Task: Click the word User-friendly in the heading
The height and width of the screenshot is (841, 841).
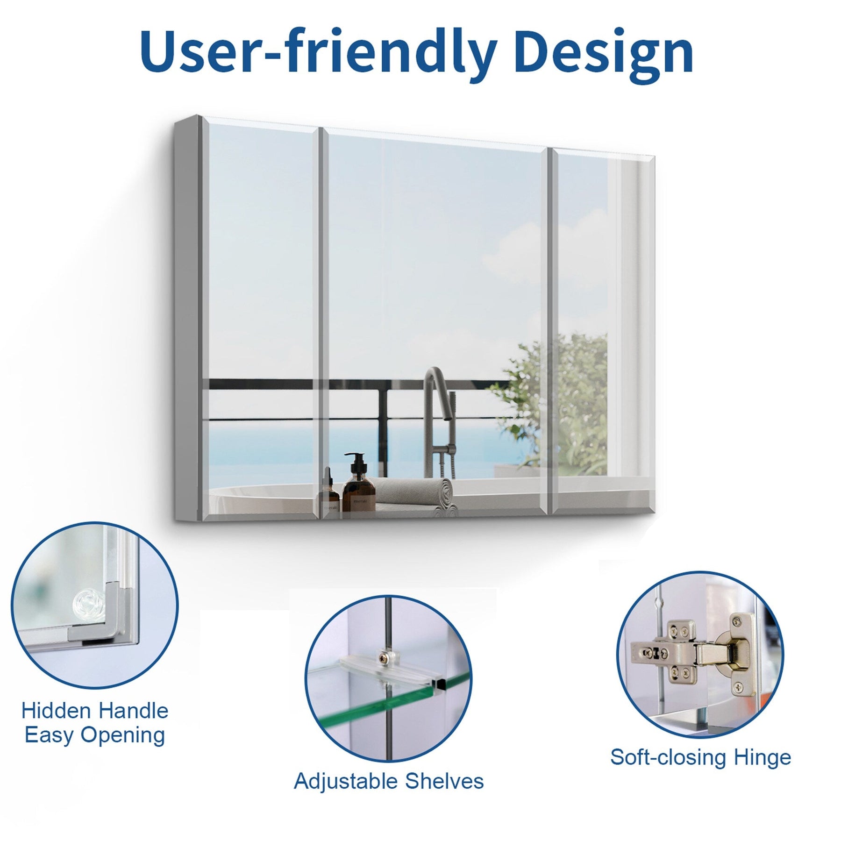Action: pyautogui.click(x=318, y=52)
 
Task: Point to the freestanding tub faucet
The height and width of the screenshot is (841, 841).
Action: pyautogui.click(x=437, y=420)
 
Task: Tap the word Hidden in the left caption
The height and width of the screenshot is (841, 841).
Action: pyautogui.click(x=56, y=711)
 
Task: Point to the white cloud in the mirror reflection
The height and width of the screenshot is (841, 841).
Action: pyautogui.click(x=514, y=262)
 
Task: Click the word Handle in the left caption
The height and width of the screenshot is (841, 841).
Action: pyautogui.click(x=133, y=711)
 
